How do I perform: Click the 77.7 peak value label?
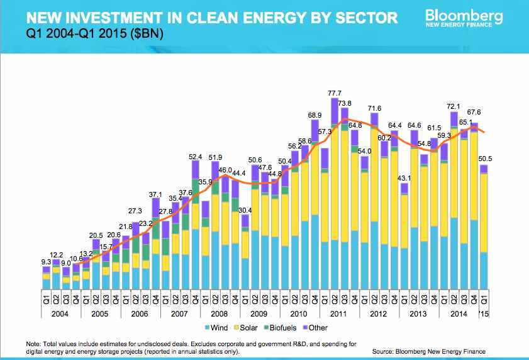click(x=335, y=93)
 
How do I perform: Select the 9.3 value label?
click(x=47, y=261)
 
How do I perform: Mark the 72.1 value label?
click(x=454, y=108)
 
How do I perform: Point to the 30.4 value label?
click(x=245, y=210)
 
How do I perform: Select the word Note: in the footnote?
click(x=34, y=344)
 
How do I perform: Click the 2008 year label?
click(x=219, y=313)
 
